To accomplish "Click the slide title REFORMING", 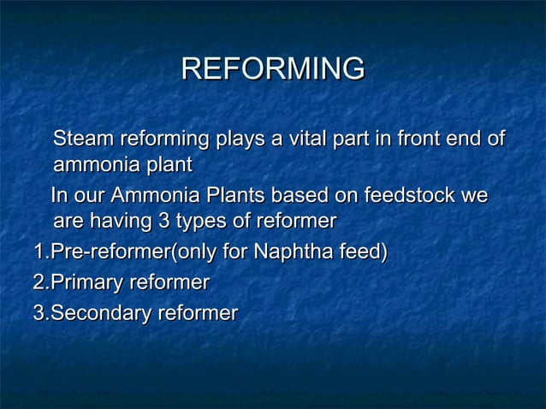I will click(x=273, y=68).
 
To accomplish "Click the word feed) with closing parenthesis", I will click(x=364, y=253).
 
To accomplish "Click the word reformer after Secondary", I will click(x=197, y=313).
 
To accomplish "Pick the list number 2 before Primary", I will click(x=38, y=283).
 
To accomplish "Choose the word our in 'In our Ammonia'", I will click(x=88, y=196).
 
